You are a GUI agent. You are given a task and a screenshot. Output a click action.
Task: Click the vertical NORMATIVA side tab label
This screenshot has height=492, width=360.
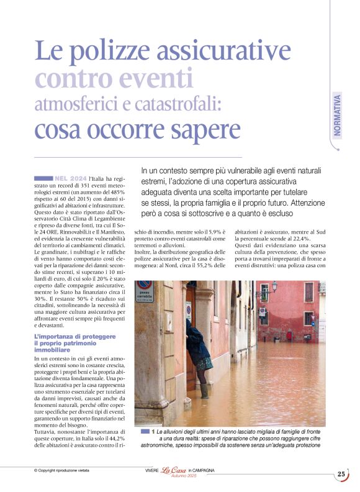(x=337, y=114)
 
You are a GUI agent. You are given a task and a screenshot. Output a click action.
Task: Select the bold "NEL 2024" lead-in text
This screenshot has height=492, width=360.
(x=70, y=178)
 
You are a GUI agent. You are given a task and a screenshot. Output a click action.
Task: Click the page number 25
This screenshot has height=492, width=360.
(x=341, y=474)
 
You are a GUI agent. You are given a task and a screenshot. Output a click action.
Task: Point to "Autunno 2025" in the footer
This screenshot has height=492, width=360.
(x=174, y=476)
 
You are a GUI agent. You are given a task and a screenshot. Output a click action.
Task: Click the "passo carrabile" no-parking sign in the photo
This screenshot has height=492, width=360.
(x=143, y=291)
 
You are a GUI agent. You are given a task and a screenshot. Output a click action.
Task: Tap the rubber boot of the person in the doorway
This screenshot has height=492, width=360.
(x=204, y=390)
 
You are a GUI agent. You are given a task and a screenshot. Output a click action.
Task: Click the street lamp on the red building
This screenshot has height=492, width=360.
(x=274, y=287)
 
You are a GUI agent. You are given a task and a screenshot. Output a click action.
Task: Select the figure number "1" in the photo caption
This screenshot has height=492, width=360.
(x=153, y=430)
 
